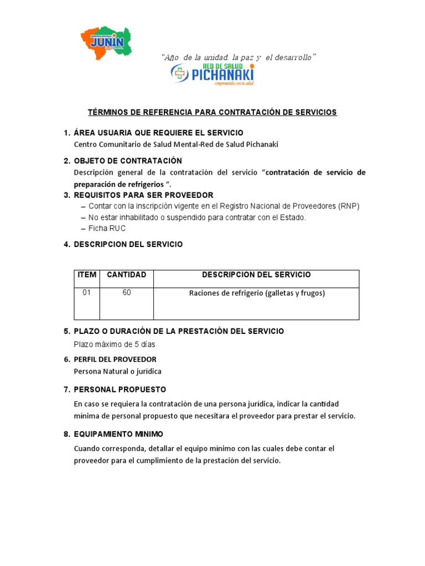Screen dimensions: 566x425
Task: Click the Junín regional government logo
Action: click(106, 43)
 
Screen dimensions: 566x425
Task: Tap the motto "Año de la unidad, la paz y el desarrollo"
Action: click(239, 57)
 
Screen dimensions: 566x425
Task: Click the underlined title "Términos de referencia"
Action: click(212, 112)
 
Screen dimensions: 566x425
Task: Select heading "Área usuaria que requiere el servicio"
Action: click(158, 133)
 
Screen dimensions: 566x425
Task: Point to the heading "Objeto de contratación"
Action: click(128, 161)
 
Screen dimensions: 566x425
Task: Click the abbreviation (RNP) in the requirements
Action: click(348, 206)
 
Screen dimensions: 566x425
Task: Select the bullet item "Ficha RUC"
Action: click(107, 228)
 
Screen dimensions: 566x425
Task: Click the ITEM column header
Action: click(87, 275)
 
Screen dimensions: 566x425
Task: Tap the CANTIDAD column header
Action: click(126, 275)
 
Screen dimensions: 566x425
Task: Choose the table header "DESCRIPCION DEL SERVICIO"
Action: click(256, 275)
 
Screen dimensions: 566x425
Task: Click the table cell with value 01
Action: click(86, 293)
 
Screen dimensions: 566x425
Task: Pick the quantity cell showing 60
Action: click(127, 293)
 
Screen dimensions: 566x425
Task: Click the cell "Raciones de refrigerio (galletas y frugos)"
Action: click(256, 294)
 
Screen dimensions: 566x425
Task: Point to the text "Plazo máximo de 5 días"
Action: click(115, 344)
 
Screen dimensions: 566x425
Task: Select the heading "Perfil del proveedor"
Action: click(115, 359)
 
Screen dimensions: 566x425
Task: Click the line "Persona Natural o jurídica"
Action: click(117, 371)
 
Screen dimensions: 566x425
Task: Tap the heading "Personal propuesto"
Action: click(120, 390)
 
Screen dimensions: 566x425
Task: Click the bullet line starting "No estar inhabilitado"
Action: click(197, 217)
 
